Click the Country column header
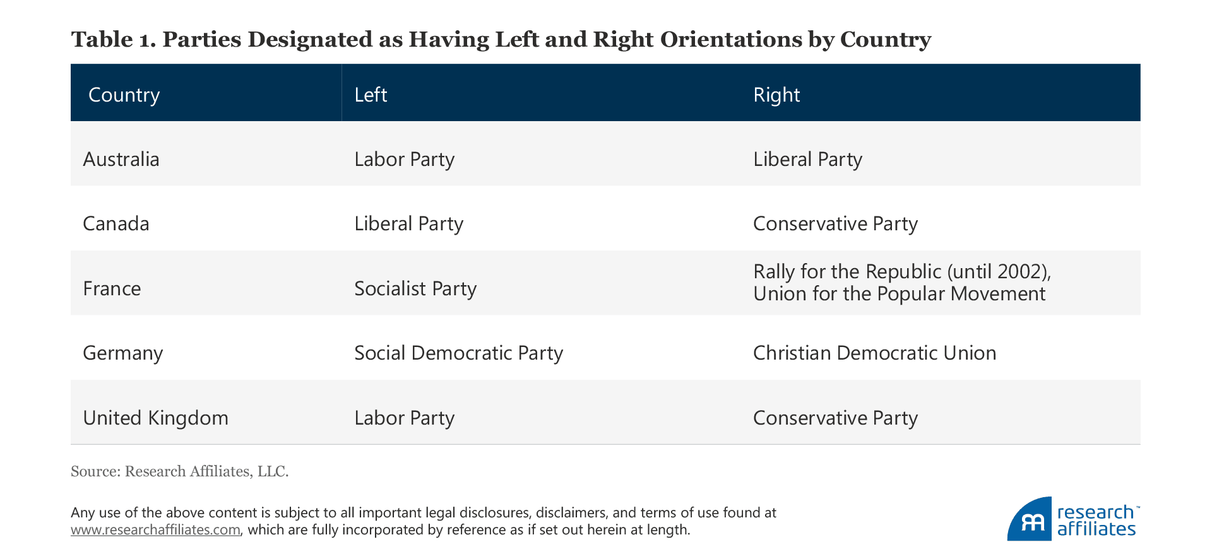click(124, 95)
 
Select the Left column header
click(371, 95)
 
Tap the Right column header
click(776, 95)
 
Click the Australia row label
click(121, 159)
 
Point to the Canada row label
click(116, 224)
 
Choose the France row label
click(112, 289)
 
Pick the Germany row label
click(123, 353)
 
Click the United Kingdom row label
click(155, 418)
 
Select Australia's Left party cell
click(404, 159)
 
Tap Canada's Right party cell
click(835, 224)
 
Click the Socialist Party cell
click(415, 289)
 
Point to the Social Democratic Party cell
click(458, 353)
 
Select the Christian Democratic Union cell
click(874, 353)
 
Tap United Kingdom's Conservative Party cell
click(835, 418)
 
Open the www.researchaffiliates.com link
click(155, 530)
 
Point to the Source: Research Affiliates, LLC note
click(179, 471)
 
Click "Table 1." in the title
click(113, 39)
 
